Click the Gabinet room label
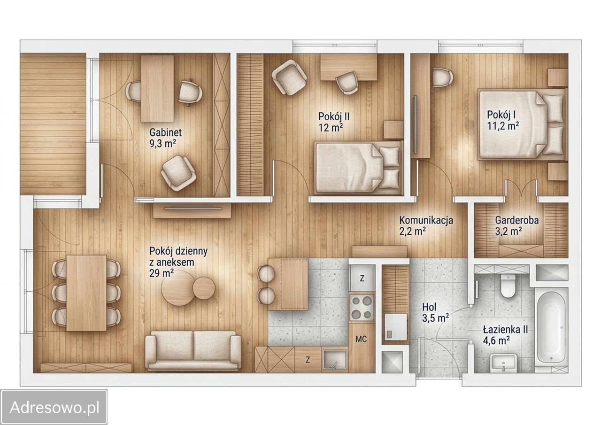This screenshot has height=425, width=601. [165, 132]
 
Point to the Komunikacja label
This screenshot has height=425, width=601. [426, 220]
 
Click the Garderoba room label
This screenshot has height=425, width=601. [517, 220]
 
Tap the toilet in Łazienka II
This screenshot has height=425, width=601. [508, 286]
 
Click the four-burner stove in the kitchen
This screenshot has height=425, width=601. [362, 307]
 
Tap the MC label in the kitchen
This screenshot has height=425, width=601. [361, 339]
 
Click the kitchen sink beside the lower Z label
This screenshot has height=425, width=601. [335, 360]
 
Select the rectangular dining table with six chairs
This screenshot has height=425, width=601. [86, 293]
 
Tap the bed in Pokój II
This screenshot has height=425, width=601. [358, 168]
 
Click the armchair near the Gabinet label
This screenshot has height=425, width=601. [178, 173]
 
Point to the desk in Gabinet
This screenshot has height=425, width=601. [157, 89]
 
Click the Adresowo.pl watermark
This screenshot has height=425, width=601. [54, 407]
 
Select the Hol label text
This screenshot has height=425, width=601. [429, 307]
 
